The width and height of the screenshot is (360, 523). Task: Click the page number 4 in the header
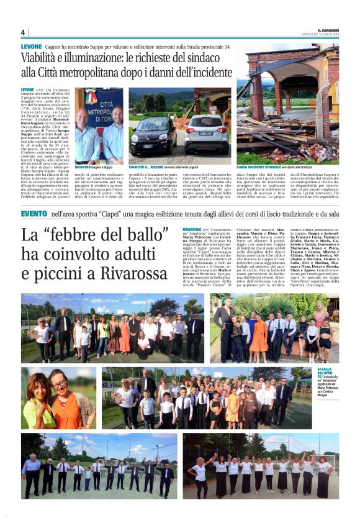[x=22, y=32]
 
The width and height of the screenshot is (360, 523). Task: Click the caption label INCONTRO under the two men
[x=83, y=168]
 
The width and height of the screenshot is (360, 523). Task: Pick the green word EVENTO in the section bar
[x=34, y=214]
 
